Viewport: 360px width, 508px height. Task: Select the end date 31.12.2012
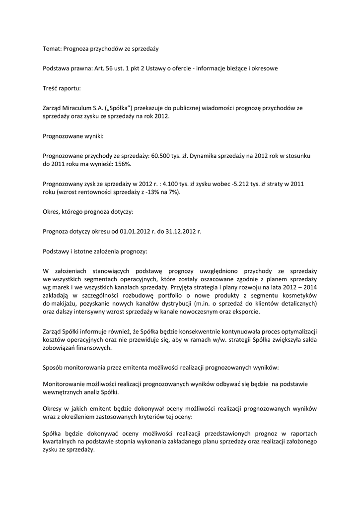(x=180, y=231)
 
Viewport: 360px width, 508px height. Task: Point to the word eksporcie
(x=244, y=312)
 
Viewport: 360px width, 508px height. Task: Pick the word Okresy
(x=54, y=408)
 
